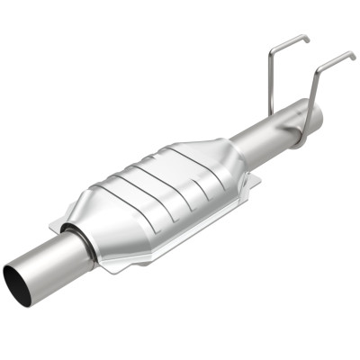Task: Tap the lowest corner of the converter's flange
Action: click(109, 268)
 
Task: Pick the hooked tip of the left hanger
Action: click(306, 39)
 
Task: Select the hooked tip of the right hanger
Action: click(352, 56)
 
